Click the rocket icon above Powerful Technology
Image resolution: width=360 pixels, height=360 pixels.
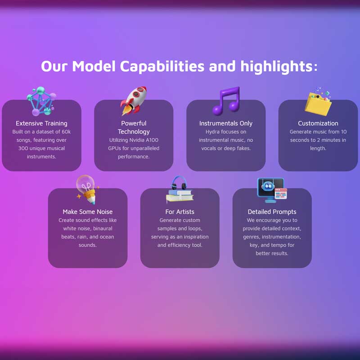click(x=134, y=100)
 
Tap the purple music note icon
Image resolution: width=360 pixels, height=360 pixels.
click(x=226, y=100)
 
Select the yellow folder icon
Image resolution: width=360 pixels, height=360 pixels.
click(x=318, y=102)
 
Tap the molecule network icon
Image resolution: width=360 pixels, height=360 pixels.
click(x=41, y=101)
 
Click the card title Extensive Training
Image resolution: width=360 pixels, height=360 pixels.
click(x=41, y=123)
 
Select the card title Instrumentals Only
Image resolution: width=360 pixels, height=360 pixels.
click(x=226, y=123)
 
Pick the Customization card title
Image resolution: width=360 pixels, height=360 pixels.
click(x=318, y=123)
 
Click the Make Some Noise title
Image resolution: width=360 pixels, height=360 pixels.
click(x=88, y=211)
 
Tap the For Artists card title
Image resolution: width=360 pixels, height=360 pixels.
click(x=180, y=211)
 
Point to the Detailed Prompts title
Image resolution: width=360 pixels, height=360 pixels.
click(x=272, y=211)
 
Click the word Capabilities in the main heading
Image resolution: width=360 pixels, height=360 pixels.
click(x=162, y=66)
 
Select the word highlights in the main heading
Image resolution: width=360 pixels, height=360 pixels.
click(x=276, y=67)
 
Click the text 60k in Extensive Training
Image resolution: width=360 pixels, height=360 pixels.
click(x=66, y=132)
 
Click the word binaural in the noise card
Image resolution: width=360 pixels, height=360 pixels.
click(x=103, y=229)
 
